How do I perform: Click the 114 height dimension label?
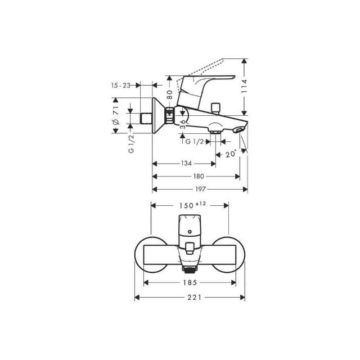245,86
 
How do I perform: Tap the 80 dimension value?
170,94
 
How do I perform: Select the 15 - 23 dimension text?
121,85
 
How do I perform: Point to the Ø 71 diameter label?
116,115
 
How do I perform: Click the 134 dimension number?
186,164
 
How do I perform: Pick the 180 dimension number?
199,176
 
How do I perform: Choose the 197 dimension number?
200,190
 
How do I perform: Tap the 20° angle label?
231,154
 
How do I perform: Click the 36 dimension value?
183,124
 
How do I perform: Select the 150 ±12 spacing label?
192,205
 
